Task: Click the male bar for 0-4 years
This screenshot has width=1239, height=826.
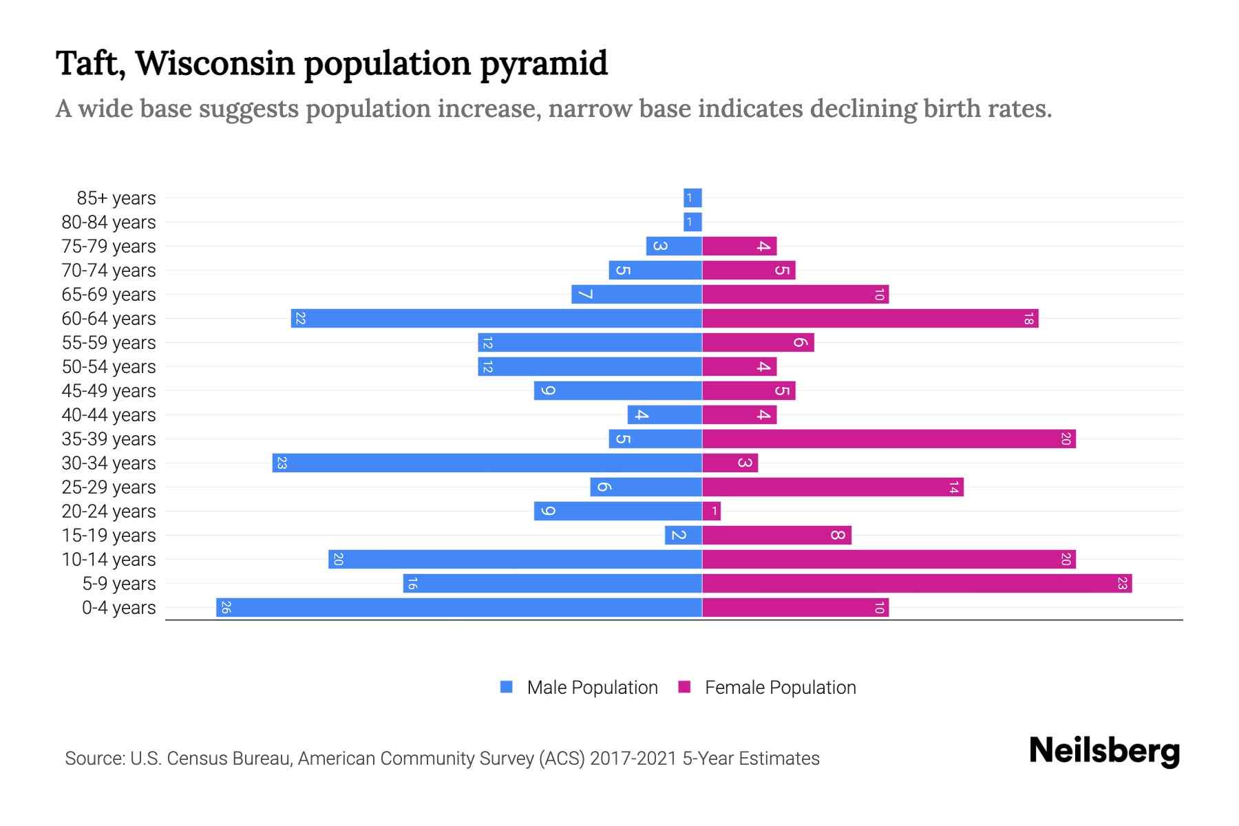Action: coord(459,608)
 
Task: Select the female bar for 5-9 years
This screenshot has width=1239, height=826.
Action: coord(917,584)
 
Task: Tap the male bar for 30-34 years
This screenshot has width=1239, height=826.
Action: coord(487,463)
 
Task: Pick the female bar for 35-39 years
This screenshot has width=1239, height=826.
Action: coord(889,439)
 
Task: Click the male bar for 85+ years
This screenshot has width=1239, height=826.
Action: coord(692,198)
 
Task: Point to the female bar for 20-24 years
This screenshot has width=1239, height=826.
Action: coord(712,511)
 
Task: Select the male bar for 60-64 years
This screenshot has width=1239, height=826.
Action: coord(496,319)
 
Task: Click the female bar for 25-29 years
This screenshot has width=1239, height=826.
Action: coord(833,487)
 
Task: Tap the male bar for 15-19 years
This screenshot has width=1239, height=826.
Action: coord(684,536)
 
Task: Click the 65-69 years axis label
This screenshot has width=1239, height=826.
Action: coord(109,295)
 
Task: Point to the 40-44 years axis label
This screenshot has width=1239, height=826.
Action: coord(109,415)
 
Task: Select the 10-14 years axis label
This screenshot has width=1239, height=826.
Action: coord(109,560)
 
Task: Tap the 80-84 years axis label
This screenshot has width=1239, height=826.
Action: coord(109,222)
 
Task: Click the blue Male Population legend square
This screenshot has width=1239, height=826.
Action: coord(507,687)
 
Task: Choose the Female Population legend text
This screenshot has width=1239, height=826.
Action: coord(781,688)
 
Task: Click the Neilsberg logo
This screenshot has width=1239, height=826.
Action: coord(1104,751)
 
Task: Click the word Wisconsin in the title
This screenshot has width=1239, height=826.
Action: coord(215,63)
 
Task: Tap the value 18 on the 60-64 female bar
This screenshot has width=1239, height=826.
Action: coord(1028,319)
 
